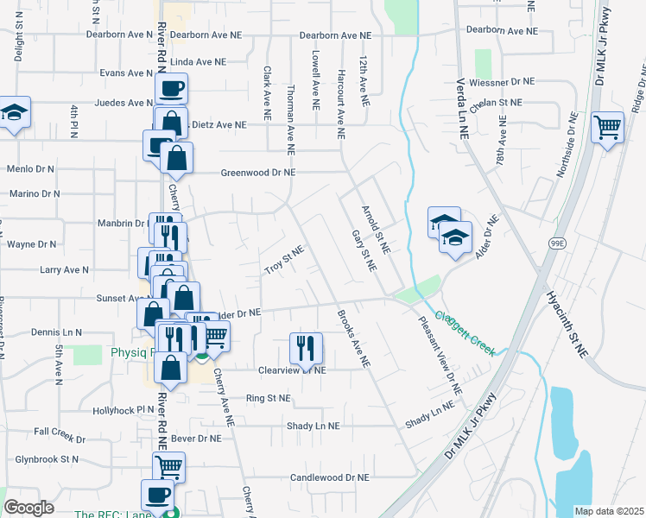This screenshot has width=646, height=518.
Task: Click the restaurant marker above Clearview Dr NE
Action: (x=306, y=348)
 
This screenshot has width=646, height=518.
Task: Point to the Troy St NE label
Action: (x=284, y=260)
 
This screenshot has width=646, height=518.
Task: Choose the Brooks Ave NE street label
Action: (x=353, y=338)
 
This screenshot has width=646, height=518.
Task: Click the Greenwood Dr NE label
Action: (x=258, y=173)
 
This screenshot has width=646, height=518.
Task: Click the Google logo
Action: (x=28, y=508)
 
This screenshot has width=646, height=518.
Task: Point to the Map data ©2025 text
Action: (x=608, y=511)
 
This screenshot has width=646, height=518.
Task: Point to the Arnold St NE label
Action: (x=377, y=228)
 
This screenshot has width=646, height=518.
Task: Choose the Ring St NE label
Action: (x=269, y=399)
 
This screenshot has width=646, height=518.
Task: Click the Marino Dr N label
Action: (x=33, y=194)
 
